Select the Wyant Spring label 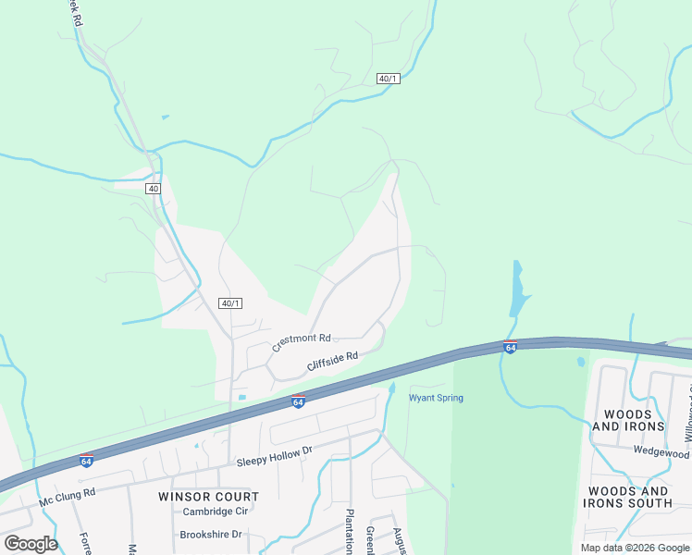(x=436, y=398)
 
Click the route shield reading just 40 (x=154, y=189)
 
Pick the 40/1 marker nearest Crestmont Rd (x=230, y=303)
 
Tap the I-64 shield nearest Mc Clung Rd (x=86, y=461)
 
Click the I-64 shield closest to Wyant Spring (x=298, y=401)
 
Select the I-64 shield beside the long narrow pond (x=510, y=347)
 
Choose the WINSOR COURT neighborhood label (x=208, y=496)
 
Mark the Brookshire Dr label (x=210, y=535)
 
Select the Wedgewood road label (x=662, y=452)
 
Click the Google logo (x=31, y=543)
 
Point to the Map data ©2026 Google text (x=635, y=548)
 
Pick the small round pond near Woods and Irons (x=580, y=362)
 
